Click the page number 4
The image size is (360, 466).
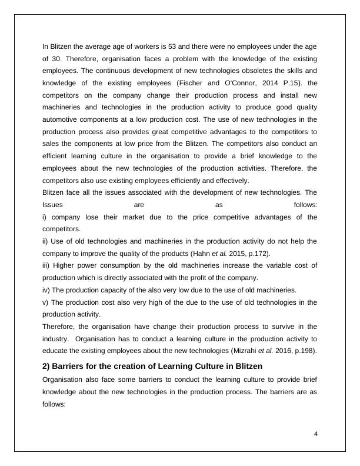coord(316,434)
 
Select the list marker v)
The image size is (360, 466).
coord(45,302)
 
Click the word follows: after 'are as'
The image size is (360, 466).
coord(305,205)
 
